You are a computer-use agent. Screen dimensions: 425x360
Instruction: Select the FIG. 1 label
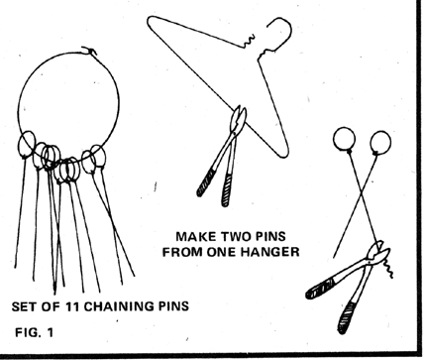pos(34,332)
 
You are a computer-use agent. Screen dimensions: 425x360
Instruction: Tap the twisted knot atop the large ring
pos(89,52)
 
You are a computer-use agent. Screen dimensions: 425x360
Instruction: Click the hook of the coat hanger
pos(281,30)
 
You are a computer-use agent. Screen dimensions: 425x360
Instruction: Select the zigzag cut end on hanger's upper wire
pos(249,41)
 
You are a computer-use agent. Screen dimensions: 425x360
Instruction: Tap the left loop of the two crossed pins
pos(345,139)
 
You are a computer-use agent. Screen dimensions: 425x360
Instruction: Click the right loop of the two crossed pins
pos(380,143)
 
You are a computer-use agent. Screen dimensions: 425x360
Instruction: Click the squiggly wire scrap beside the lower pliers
pos(388,267)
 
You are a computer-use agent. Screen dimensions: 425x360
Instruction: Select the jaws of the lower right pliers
pos(378,252)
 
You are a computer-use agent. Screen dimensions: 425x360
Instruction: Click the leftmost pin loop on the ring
pos(26,145)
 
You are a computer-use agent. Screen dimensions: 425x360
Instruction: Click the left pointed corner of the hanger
pos(149,20)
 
